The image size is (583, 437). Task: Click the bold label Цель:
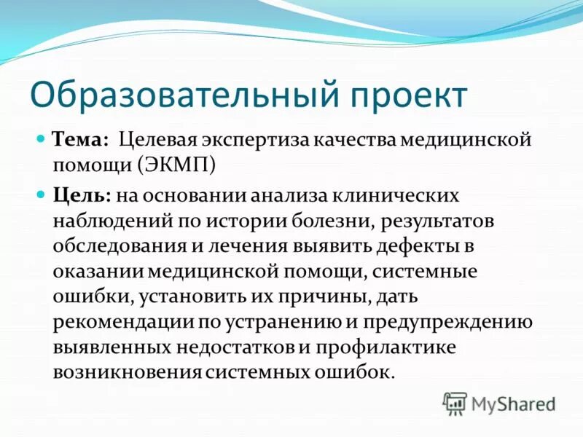(81, 195)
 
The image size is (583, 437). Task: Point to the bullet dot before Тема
(42, 138)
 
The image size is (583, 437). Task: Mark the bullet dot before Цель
(42, 194)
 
